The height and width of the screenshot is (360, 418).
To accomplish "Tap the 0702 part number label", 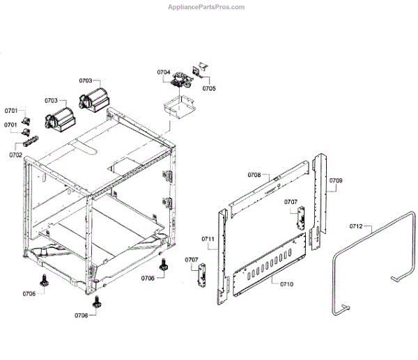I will [15, 155].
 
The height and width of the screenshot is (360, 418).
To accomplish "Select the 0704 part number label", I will [163, 72].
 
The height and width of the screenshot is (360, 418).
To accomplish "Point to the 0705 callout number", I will [208, 88].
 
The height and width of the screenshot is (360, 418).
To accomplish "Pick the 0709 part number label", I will [336, 181].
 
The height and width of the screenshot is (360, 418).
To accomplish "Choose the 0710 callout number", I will [286, 284].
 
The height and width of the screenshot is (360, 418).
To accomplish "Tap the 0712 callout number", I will [356, 226].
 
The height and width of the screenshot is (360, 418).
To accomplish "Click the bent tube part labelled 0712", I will [368, 265].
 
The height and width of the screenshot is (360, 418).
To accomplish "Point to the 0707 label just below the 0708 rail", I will [290, 202].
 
